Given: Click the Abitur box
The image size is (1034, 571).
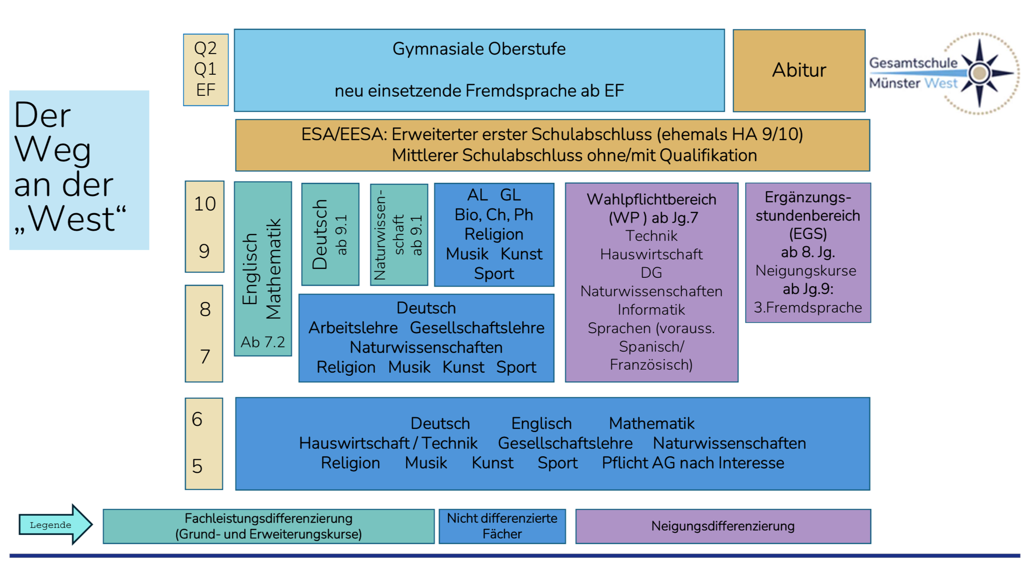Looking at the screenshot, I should click(799, 70).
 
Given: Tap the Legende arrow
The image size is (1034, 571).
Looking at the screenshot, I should click(55, 524).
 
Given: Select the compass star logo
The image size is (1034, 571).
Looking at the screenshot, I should click(980, 73).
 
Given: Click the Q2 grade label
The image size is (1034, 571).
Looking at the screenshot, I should click(205, 48).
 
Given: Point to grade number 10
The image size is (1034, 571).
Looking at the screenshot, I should click(205, 204).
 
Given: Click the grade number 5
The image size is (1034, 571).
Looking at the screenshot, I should click(197, 466).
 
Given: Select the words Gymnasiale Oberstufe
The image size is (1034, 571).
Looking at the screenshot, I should click(479, 49).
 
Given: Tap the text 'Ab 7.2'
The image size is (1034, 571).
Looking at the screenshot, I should click(263, 342).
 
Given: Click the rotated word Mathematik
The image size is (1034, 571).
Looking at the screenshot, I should click(274, 269).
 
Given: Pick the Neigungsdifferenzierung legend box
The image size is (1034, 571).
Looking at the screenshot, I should click(723, 526).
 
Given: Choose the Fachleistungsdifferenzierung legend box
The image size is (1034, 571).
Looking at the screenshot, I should click(268, 526).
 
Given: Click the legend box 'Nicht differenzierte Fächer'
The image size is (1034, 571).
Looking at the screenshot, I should click(502, 526).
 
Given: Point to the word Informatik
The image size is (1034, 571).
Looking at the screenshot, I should click(651, 310).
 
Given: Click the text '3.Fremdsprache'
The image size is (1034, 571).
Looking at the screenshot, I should click(807, 308).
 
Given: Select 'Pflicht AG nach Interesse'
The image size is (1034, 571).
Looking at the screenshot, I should click(693, 463).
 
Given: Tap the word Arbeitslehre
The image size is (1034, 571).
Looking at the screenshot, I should click(353, 328).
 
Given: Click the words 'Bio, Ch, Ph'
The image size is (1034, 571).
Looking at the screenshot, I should click(493, 215).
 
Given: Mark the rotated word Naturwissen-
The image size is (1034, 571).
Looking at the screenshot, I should click(380, 235).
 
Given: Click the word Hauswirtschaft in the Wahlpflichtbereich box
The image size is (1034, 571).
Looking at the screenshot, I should click(651, 255).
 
